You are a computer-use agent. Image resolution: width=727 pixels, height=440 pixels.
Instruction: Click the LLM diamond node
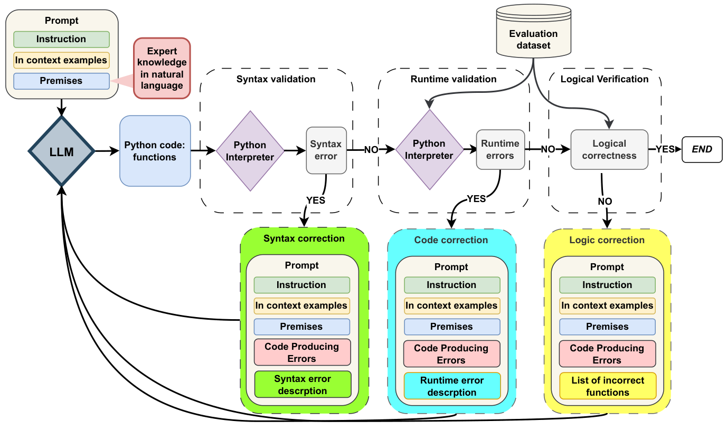point(61,152)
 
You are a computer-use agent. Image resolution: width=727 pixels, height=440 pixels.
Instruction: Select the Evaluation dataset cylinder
point(533,35)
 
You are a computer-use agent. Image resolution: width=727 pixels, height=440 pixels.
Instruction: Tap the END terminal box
point(702,149)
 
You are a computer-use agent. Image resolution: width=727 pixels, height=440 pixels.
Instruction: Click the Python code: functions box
point(155,151)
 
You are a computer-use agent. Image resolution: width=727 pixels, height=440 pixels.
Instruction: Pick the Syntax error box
point(326,150)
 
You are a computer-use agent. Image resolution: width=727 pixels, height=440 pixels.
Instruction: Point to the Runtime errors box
point(500,149)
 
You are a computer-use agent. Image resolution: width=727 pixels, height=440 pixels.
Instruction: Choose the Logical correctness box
point(609,149)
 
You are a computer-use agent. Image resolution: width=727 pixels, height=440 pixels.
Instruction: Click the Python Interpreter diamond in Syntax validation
point(250,151)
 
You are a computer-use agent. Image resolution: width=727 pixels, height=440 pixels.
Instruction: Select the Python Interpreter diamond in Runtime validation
point(429,149)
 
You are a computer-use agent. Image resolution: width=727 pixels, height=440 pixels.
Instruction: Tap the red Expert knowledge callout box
point(162,68)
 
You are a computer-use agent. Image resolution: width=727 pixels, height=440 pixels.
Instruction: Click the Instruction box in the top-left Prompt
point(61,39)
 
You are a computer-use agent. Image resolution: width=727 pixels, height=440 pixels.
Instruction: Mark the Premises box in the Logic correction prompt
point(607,327)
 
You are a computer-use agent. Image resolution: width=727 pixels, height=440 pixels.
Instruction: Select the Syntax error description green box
point(303,385)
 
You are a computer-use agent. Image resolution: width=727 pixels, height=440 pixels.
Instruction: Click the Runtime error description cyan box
point(452,386)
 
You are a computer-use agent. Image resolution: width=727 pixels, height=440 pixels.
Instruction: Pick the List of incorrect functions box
point(607,386)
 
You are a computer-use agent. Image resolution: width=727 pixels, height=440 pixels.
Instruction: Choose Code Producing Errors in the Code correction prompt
point(451,354)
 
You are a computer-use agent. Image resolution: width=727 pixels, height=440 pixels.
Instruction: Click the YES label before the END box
point(665,149)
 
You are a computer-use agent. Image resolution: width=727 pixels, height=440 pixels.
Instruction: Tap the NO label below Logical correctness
point(605,202)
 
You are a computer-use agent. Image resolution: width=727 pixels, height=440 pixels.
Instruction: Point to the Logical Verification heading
point(604,79)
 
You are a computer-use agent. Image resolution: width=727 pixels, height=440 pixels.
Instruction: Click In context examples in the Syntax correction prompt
point(301,305)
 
